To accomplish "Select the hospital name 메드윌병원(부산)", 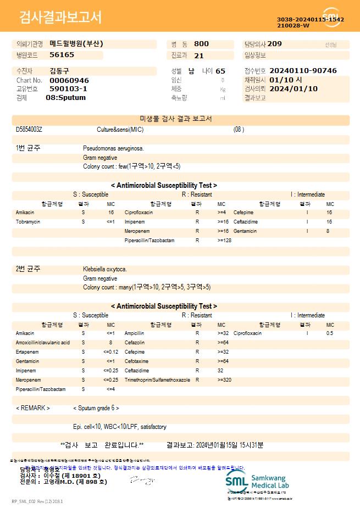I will pos(76,44).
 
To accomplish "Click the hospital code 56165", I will pos(62,55).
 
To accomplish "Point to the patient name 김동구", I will pos(59,71).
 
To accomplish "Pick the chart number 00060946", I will pos(69,80).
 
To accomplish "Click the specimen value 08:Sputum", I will pos(65,98).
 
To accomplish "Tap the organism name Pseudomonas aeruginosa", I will pos(113,148).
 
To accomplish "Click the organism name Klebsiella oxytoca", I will pos(105,269).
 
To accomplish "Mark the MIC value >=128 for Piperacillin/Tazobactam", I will pos(225,241).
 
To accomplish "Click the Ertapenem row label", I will pos(27,351).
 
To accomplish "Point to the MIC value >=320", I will pos(225,379).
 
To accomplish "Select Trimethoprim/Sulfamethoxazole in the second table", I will pos(157,379).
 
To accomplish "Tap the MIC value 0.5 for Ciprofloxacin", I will pos(330,333).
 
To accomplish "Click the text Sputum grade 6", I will pos(96,408).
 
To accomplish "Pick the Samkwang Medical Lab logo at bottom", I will pos(258,481).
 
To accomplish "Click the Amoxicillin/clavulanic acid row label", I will pos(42,342).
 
